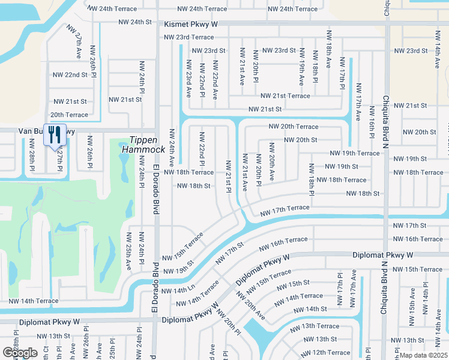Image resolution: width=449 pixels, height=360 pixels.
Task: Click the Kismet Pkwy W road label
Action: pyautogui.click(x=191, y=23)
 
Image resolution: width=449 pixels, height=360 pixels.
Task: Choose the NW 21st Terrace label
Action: pyautogui.click(x=285, y=96)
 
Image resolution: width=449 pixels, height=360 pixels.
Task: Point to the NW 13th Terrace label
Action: pyautogui.click(x=315, y=326)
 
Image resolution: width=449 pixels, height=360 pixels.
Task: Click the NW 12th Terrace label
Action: pyautogui.click(x=325, y=352)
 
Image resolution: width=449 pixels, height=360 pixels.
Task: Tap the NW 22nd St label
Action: pyautogui.click(x=70, y=75)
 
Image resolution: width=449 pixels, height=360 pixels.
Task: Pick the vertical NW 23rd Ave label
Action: pyautogui.click(x=188, y=79)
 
